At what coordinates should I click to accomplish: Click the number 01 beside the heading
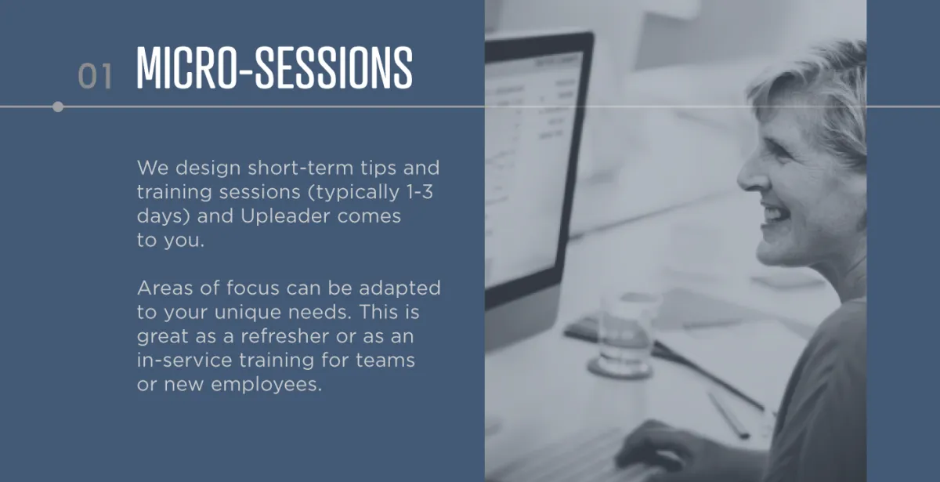tap(96, 76)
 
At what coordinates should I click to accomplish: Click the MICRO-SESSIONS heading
tap(274, 67)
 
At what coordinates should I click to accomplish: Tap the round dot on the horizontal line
tap(58, 107)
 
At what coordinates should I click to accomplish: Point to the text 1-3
tap(420, 192)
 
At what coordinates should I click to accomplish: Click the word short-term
tap(301, 168)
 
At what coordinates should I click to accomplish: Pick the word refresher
tap(284, 336)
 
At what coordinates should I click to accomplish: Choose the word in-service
tap(184, 360)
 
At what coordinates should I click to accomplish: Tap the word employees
tap(266, 385)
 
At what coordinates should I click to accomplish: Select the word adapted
tap(399, 289)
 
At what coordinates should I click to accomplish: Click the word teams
tap(385, 361)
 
